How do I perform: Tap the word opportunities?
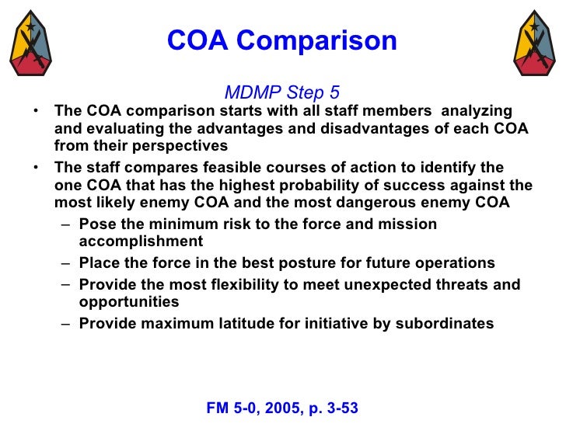click(x=129, y=302)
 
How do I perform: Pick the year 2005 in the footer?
click(x=279, y=407)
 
